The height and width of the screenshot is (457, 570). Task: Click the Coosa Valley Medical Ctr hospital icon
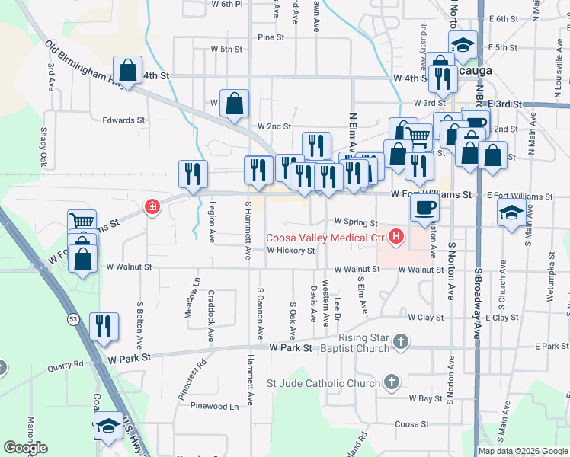pyautogui.click(x=395, y=238)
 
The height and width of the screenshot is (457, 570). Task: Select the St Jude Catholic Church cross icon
pyautogui.click(x=392, y=382)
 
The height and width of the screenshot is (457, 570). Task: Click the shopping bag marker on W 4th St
pyautogui.click(x=128, y=70)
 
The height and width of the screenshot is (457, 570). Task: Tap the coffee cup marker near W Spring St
pyautogui.click(x=427, y=206)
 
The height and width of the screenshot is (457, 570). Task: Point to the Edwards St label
pyautogui.click(x=123, y=120)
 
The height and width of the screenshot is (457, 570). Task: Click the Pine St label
pyautogui.click(x=271, y=37)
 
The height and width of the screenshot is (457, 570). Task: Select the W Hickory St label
pyautogui.click(x=290, y=251)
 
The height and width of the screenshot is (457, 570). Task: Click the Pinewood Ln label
pyautogui.click(x=214, y=407)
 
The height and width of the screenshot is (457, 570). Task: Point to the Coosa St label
pyautogui.click(x=412, y=424)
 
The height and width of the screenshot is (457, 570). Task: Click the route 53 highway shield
pyautogui.click(x=72, y=318)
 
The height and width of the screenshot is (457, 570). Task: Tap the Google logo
pyautogui.click(x=25, y=448)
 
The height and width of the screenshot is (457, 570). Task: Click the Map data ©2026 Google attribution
pyautogui.click(x=523, y=451)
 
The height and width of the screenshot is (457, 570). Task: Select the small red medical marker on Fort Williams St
pyautogui.click(x=152, y=206)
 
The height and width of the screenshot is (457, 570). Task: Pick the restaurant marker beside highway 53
pyautogui.click(x=104, y=326)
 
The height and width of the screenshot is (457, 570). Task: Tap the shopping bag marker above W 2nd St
pyautogui.click(x=235, y=103)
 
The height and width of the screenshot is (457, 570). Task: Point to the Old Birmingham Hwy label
pyautogui.click(x=84, y=65)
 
